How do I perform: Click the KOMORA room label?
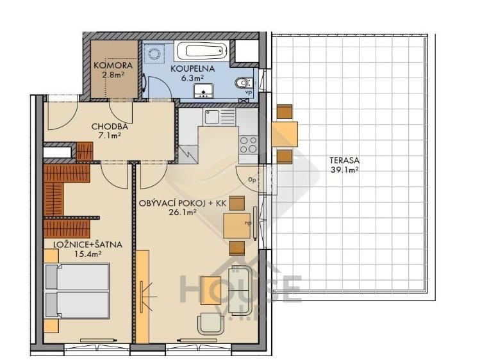pos(113,66)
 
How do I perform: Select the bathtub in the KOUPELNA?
pos(201,51)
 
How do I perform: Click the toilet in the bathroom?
pos(242,83)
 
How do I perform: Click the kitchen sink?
pos(212,117)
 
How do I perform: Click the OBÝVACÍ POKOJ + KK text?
pos(183,203)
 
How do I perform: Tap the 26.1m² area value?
pos(183,213)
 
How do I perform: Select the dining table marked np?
pos(236,224)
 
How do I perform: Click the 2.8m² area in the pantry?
pos(113,75)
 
